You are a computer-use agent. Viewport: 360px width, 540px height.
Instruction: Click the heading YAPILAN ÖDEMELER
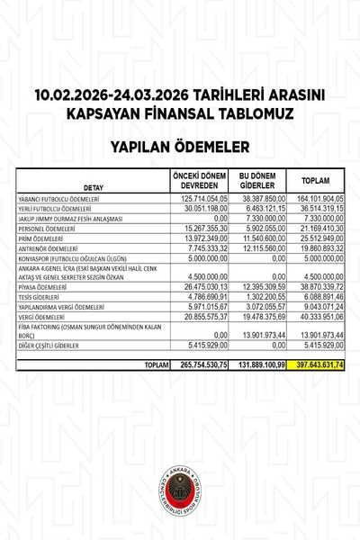179,143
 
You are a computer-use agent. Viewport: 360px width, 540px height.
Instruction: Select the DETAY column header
94,187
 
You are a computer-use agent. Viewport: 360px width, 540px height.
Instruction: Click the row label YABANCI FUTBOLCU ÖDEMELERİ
58,198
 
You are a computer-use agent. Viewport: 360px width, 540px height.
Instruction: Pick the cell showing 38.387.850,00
264,198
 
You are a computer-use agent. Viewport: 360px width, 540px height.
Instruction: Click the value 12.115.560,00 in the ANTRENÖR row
264,247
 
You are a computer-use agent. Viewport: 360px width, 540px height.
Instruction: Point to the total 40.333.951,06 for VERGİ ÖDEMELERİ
320,316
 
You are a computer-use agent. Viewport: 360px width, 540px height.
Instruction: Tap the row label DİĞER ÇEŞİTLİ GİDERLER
54,345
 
